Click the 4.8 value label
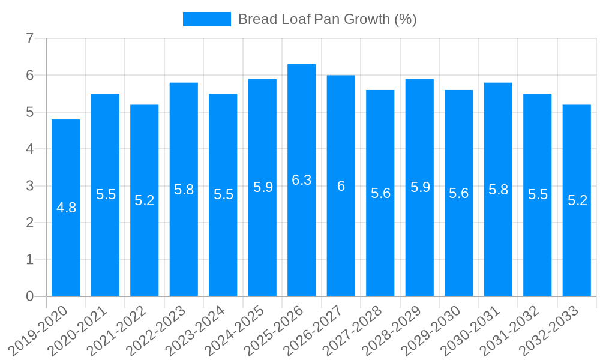66,208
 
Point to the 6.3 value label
302,180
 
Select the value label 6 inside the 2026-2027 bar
341,186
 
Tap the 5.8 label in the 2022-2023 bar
184,190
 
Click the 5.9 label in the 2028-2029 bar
420,187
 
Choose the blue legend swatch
206,19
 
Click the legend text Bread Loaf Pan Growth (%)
327,19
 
